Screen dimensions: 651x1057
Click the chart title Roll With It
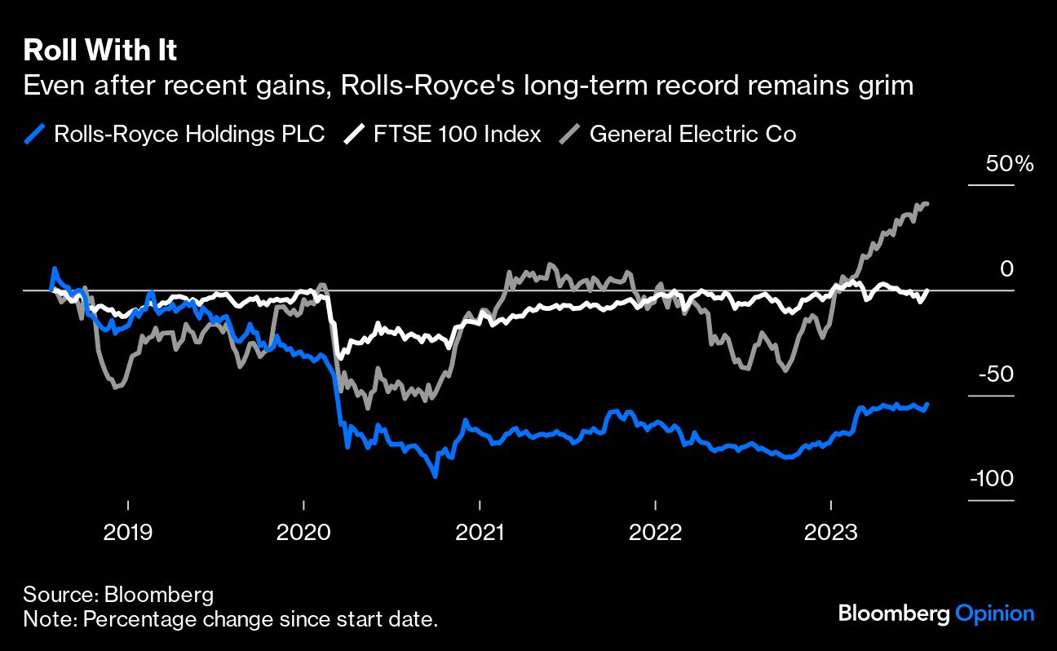click(x=100, y=51)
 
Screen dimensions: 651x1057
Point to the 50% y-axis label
click(x=1009, y=164)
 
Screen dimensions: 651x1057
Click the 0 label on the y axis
click(x=1006, y=269)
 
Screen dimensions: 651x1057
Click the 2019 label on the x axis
click(x=128, y=533)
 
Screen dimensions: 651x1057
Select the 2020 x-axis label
click(x=303, y=533)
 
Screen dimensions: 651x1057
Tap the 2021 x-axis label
click(x=480, y=533)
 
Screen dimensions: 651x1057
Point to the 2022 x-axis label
click(x=655, y=533)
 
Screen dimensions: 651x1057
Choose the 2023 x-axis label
click(x=830, y=533)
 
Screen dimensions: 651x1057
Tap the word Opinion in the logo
click(x=994, y=613)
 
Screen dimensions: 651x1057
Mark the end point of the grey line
click(x=927, y=203)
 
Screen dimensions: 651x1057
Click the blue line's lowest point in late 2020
click(x=435, y=475)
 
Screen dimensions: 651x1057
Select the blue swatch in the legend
click(x=35, y=134)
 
